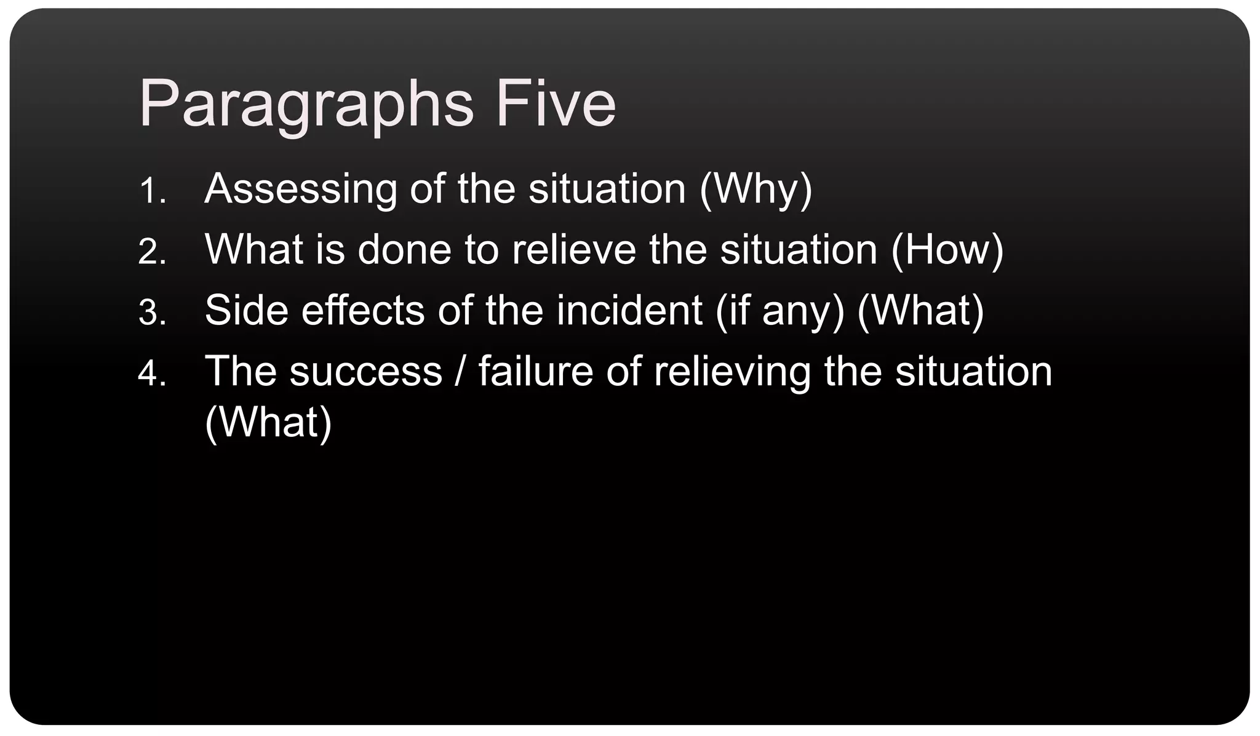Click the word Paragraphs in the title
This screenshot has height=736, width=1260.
click(306, 105)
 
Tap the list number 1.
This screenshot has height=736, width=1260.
click(152, 191)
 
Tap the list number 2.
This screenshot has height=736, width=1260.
click(152, 252)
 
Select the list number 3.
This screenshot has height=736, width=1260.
click(152, 313)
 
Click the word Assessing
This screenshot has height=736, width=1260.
click(301, 190)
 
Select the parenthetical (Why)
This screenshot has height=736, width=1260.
click(756, 190)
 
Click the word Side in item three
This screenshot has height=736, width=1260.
click(246, 310)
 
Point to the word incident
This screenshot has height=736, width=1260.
click(629, 310)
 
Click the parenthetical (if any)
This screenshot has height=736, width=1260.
click(780, 311)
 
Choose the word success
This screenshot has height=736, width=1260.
click(365, 371)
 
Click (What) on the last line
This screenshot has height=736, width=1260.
click(268, 423)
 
